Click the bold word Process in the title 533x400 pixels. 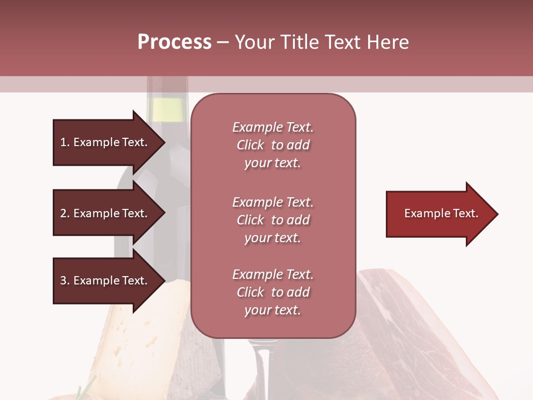tap(174, 42)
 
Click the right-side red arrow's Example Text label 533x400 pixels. tap(441, 213)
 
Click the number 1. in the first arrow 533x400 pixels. tap(65, 142)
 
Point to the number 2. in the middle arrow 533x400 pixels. tap(65, 213)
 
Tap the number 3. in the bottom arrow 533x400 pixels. tap(65, 281)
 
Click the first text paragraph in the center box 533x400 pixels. tap(273, 145)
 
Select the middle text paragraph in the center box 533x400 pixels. tap(273, 220)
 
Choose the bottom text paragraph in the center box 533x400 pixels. tap(273, 292)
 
